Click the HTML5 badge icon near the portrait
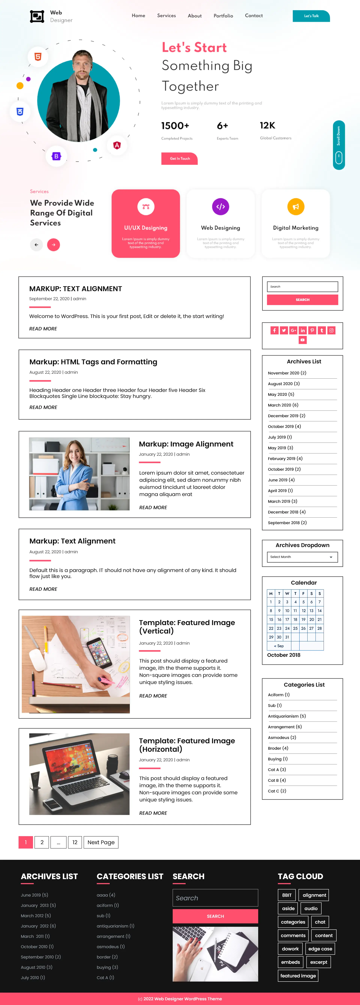[x=38, y=57]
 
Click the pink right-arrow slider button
[x=53, y=245]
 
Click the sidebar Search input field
[x=302, y=287]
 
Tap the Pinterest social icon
[x=312, y=330]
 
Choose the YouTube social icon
[x=302, y=340]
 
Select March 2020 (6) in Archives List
[x=283, y=405]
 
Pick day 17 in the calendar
[x=287, y=619]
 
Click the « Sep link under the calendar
[x=279, y=646]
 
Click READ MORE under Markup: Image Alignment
[x=153, y=508]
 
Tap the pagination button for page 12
[x=75, y=842]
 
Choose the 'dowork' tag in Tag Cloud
[x=290, y=949]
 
